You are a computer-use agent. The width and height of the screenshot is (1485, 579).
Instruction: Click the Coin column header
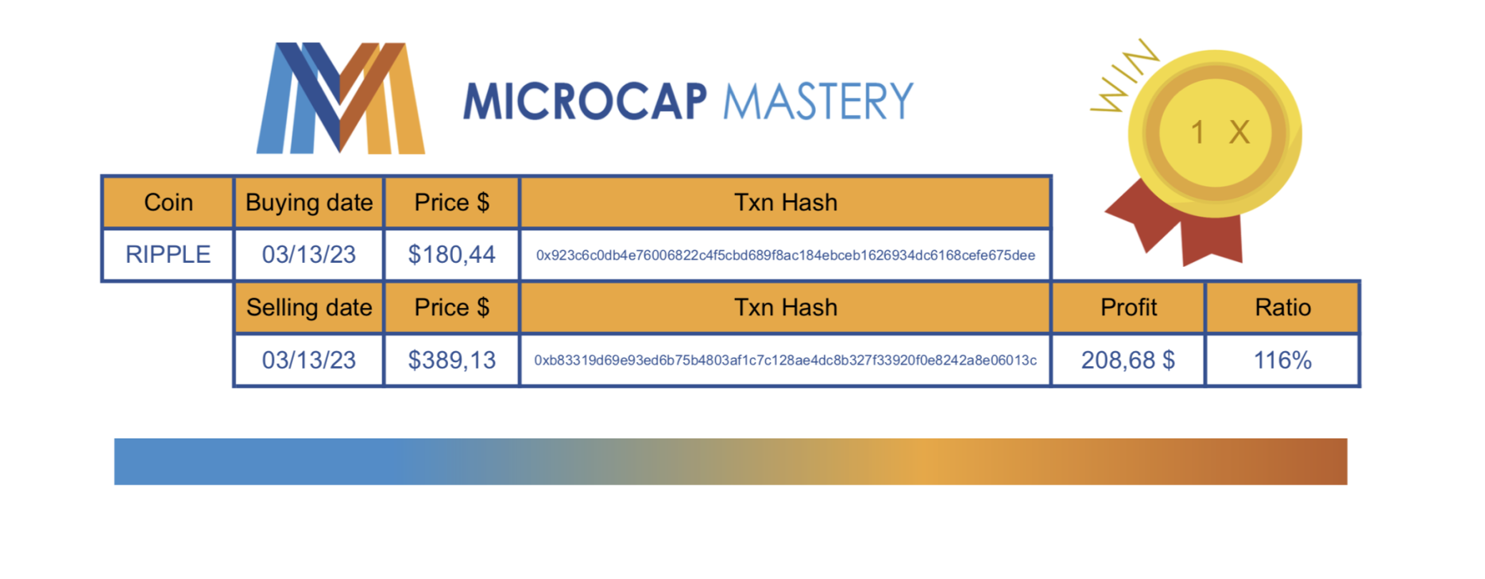point(168,203)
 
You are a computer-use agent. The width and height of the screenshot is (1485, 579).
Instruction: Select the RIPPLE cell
point(168,254)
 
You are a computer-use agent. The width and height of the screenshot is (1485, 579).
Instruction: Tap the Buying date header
point(309,203)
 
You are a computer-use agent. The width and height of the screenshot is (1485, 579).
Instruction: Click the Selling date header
point(309,307)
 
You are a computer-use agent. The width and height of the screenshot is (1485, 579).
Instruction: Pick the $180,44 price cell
point(451,254)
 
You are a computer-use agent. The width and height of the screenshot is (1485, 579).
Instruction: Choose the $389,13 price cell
point(451,360)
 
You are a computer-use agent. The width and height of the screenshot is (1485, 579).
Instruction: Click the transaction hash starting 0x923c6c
point(786,255)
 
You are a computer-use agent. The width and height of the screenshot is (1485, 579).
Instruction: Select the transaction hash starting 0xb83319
point(786,361)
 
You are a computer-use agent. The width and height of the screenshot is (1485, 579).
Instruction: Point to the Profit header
point(1128,307)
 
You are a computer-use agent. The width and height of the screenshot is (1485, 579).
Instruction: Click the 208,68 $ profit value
point(1128,360)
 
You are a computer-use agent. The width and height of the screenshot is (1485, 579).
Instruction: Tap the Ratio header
point(1282,307)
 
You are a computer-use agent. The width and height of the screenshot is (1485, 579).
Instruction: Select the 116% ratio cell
point(1282,360)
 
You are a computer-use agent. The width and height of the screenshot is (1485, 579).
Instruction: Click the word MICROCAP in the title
point(585,102)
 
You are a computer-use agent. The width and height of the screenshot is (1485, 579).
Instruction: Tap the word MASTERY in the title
point(818,102)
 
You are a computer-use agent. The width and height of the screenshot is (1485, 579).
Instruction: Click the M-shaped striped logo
point(341,98)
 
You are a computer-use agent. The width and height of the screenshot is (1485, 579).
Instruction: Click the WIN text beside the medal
point(1123,75)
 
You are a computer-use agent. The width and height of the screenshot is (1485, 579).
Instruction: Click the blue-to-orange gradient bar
point(731,461)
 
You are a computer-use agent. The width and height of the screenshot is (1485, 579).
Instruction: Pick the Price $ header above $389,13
point(451,307)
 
